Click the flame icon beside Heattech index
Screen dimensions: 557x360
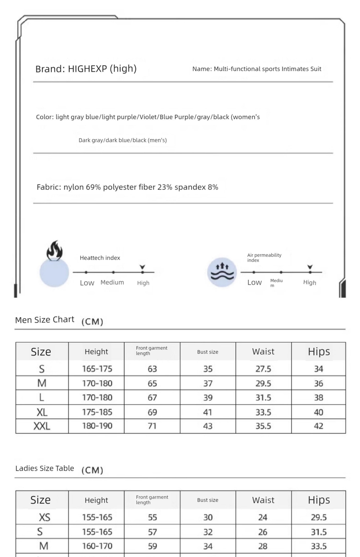point(54,252)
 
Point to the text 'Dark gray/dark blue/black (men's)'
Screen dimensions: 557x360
point(122,140)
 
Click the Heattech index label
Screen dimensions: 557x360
point(100,258)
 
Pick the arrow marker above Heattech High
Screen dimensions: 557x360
point(143,267)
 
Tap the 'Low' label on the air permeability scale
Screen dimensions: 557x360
point(254,283)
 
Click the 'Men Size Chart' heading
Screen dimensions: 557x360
point(45,320)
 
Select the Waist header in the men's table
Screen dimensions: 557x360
point(263,351)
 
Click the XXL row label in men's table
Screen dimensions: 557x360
point(42,426)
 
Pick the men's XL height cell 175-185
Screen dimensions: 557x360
point(97,412)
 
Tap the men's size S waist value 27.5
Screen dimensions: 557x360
point(263,369)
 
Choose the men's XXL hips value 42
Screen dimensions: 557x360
point(319,426)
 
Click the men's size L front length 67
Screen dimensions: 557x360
point(153,397)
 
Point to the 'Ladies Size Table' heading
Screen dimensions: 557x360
point(45,468)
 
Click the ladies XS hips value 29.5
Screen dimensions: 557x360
point(319,517)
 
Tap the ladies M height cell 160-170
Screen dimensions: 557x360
point(97,546)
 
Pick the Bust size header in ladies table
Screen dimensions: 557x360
point(207,500)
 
